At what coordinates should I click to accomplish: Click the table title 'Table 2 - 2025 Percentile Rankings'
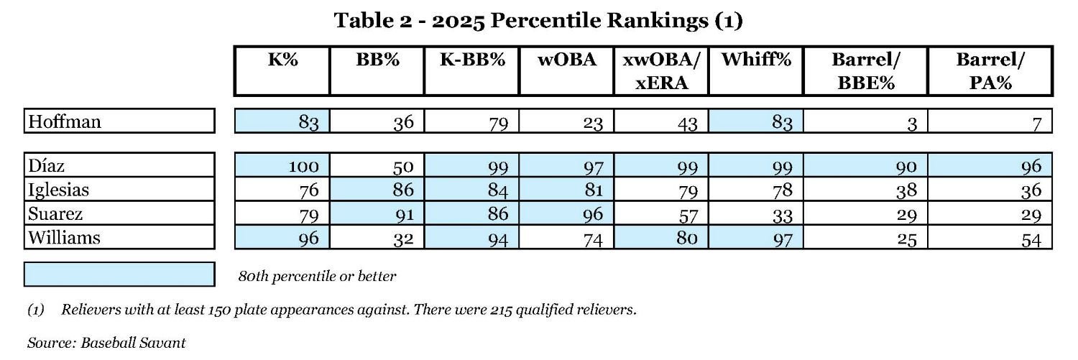[538, 21]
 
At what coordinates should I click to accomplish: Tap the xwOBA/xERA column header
[660, 71]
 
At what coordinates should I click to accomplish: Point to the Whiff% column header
[755, 60]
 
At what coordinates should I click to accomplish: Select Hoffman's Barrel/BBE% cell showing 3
[911, 123]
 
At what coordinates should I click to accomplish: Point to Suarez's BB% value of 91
[403, 214]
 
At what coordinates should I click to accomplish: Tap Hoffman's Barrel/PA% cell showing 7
[1036, 123]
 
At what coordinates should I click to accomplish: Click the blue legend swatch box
[119, 274]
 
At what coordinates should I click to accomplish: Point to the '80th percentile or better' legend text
[317, 276]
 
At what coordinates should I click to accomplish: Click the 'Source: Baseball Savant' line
[106, 343]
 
